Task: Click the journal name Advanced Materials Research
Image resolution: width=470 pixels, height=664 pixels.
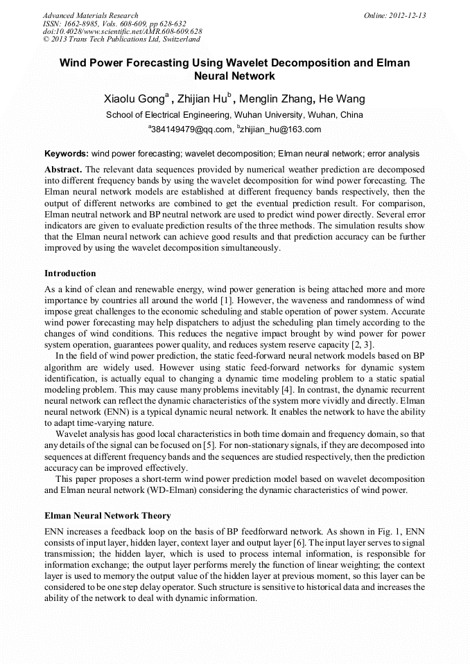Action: pyautogui.click(x=90, y=15)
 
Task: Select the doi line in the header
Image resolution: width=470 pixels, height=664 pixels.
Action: pyautogui.click(x=122, y=32)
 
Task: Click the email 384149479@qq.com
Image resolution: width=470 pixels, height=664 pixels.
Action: pyautogui.click(x=190, y=129)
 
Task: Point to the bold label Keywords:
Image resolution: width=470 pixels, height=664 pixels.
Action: pyautogui.click(x=67, y=153)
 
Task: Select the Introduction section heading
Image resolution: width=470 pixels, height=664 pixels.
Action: pyautogui.click(x=70, y=273)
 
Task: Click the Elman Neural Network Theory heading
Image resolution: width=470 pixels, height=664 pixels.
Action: pyautogui.click(x=107, y=516)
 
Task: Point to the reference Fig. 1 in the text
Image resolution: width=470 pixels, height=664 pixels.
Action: pyautogui.click(x=394, y=531)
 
